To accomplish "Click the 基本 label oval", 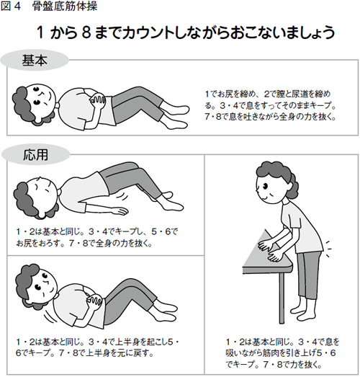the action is pyautogui.click(x=35, y=60).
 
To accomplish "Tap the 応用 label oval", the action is pyautogui.click(x=35, y=154).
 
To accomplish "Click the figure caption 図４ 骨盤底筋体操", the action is pyautogui.click(x=49, y=6).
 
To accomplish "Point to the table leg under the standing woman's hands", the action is pyautogui.click(x=282, y=298).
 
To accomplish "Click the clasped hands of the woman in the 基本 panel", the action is pyautogui.click(x=97, y=101).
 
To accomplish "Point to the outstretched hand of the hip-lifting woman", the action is pyautogui.click(x=121, y=211).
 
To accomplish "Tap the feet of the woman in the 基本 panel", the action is pyautogui.click(x=175, y=117).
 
